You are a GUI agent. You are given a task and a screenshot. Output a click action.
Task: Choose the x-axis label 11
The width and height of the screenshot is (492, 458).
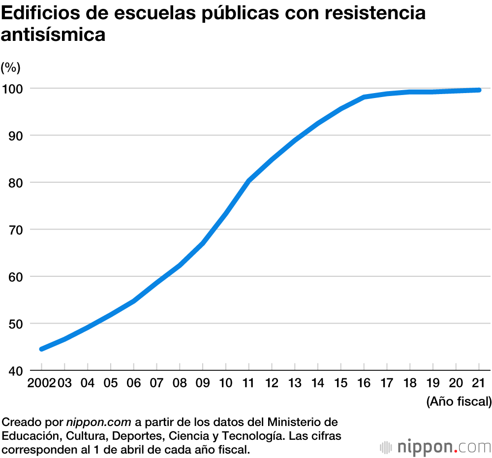(x=248, y=383)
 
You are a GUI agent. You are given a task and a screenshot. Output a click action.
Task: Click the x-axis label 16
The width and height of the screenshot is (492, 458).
(x=364, y=383)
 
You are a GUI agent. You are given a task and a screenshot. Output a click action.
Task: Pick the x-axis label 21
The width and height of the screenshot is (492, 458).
(x=479, y=383)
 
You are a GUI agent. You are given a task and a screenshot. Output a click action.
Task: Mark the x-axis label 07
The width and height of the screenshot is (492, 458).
(x=156, y=383)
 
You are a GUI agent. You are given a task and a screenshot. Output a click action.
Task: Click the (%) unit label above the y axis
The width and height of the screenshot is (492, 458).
(x=10, y=66)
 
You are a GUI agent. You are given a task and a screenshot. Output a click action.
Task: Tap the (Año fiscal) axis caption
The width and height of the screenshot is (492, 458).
(x=459, y=401)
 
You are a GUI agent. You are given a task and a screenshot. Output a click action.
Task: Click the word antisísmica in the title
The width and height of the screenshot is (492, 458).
(x=54, y=35)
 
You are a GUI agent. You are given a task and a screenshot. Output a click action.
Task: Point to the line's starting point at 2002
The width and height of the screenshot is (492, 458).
(x=42, y=349)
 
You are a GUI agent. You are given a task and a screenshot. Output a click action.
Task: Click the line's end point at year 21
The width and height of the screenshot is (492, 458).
(x=479, y=90)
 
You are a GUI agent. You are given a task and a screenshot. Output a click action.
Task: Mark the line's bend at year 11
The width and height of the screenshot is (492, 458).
(x=249, y=181)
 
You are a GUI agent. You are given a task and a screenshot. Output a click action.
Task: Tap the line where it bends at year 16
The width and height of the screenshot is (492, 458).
(x=364, y=97)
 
